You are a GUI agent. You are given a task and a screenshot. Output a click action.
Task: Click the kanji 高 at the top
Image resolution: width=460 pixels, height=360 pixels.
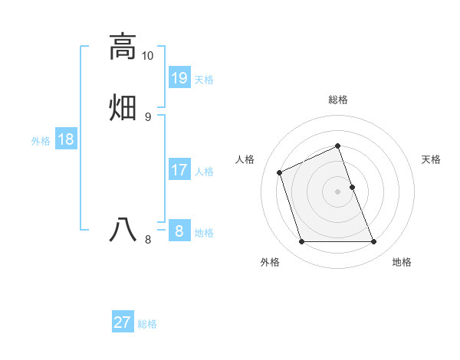coord(122,46)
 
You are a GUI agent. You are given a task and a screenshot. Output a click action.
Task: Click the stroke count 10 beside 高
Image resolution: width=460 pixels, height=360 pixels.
coord(148,56)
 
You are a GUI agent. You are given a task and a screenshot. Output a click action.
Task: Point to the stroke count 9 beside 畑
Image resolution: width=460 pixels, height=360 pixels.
coord(148,116)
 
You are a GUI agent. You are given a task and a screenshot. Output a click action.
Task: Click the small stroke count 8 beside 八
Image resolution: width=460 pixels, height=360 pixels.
coord(148,239)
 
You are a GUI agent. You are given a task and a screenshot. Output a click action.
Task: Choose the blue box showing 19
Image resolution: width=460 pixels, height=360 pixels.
coord(179,77)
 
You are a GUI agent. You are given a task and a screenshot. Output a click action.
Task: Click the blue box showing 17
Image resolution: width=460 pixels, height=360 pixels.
coord(179,169)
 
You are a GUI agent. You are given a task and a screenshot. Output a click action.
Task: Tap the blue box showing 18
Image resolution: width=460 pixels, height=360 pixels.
coord(66,139)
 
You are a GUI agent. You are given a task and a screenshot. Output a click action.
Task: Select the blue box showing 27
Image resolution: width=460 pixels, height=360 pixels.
coord(123,322)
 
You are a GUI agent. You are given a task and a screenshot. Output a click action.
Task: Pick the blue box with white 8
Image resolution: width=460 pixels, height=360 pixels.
coord(179,231)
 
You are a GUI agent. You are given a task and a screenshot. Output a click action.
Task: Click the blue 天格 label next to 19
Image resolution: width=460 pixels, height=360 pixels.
coord(204,80)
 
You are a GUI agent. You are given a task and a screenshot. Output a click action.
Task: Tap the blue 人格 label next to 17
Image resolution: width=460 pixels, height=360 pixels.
coord(204,172)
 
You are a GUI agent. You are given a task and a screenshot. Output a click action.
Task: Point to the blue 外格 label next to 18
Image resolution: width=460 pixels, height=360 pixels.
coord(41,141)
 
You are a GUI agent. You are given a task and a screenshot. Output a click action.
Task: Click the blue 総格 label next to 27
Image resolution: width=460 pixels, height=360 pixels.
coord(147,324)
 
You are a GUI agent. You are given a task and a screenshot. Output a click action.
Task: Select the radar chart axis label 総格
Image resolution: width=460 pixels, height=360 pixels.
coord(337,100)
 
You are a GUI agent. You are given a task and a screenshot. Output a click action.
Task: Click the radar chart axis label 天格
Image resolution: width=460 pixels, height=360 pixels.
coord(431,159)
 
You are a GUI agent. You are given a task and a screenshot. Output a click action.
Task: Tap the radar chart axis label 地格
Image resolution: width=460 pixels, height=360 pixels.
coord(402,262)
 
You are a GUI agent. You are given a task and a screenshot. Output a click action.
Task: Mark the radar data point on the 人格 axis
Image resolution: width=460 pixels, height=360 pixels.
coord(281,172)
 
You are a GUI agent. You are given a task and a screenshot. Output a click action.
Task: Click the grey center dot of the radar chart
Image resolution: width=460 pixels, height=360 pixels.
coord(337,190)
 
